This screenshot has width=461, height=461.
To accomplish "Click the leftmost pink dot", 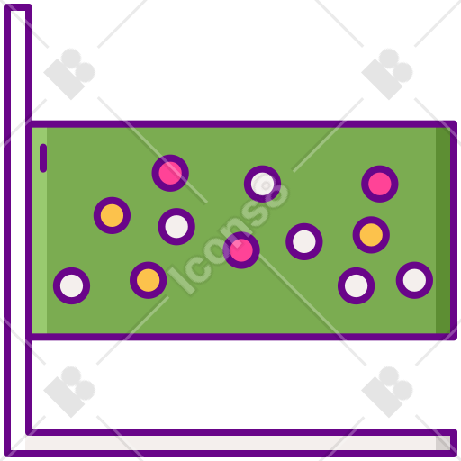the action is (170, 173).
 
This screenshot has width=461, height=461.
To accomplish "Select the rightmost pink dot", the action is (380, 184).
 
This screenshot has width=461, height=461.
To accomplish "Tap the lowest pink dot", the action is (241, 250).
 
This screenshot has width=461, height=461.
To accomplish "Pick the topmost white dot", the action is (262, 184).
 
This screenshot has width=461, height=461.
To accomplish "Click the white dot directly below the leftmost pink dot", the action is (176, 227).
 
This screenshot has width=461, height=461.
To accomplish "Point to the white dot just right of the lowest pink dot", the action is (304, 241).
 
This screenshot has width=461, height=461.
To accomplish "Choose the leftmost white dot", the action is (71, 285).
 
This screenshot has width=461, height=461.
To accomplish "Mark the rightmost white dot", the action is (414, 280).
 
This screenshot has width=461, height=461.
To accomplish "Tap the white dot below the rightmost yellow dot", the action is (356, 285).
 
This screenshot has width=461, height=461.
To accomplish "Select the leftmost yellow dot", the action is (112, 215).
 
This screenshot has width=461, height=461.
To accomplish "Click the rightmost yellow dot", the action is (371, 235).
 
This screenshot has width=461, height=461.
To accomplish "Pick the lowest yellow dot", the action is (149, 280).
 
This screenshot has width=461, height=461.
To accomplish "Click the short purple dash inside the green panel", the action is (43, 158).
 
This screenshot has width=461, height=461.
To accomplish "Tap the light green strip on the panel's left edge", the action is (40, 230).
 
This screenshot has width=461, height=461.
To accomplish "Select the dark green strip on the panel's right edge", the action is (443, 230).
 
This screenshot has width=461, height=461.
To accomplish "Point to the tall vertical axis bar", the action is (18, 228).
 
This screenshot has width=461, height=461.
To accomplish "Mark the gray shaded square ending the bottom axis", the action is (443, 443).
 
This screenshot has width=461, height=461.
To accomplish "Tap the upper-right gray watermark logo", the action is (387, 74).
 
